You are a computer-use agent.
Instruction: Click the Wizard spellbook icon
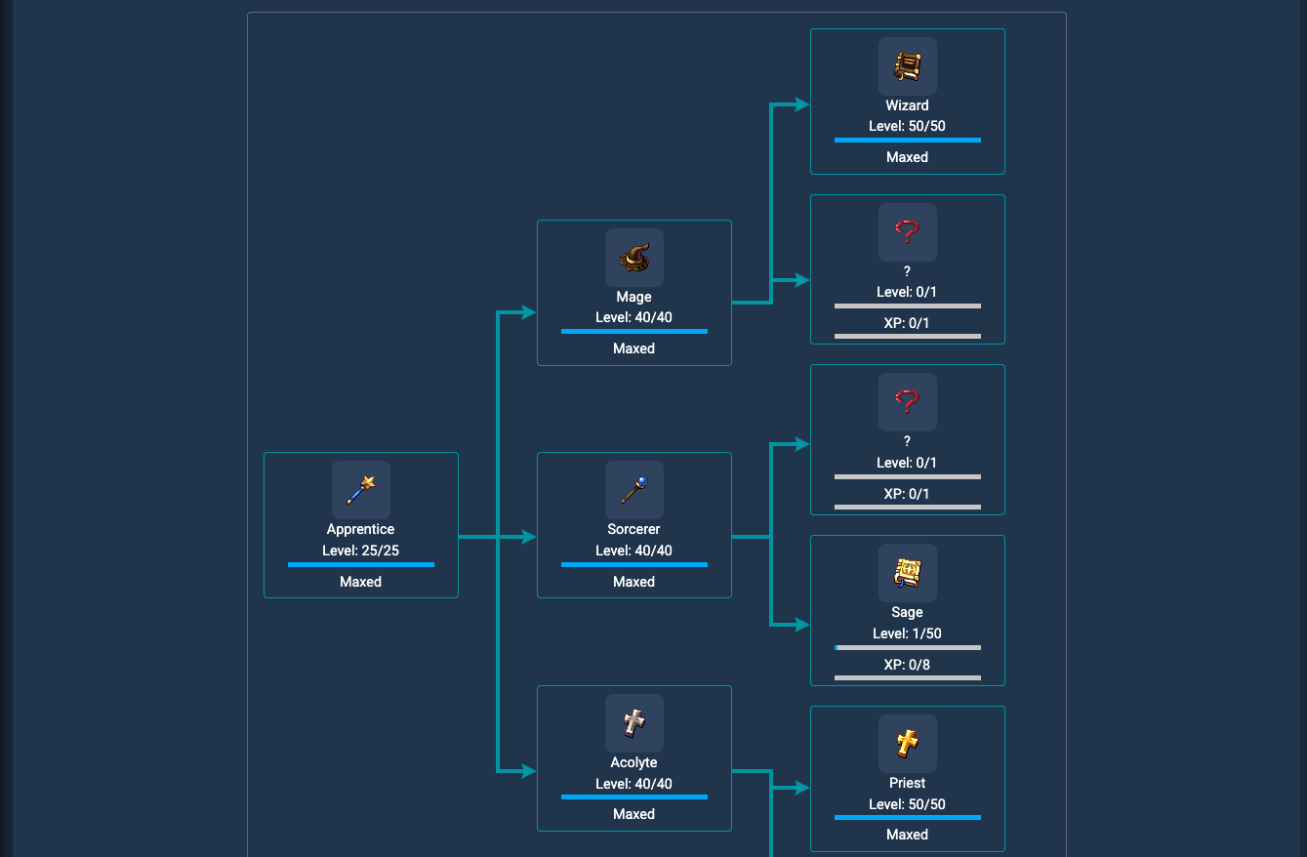pyautogui.click(x=907, y=66)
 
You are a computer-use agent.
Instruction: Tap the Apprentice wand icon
pyautogui.click(x=360, y=490)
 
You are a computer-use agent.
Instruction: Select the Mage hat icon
pyautogui.click(x=633, y=258)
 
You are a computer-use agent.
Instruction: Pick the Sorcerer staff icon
pyautogui.click(x=633, y=490)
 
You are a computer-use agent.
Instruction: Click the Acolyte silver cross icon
pyautogui.click(x=633, y=723)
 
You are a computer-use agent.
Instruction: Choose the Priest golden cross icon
pyautogui.click(x=907, y=744)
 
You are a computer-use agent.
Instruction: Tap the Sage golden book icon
pyautogui.click(x=907, y=573)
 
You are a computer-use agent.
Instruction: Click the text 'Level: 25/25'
pyautogui.click(x=360, y=551)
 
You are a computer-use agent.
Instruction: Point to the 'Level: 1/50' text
pyautogui.click(x=907, y=633)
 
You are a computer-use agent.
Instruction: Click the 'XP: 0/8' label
pyautogui.click(x=907, y=665)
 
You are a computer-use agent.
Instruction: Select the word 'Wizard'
pyautogui.click(x=907, y=105)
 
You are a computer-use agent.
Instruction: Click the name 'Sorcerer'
pyautogui.click(x=633, y=529)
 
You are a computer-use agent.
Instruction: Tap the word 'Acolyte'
pyautogui.click(x=633, y=762)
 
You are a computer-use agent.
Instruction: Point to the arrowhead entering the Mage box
pyautogui.click(x=529, y=313)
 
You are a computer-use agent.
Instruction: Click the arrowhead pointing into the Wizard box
pyautogui.click(x=802, y=104)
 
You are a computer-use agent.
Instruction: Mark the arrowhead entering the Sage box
pyautogui.click(x=802, y=625)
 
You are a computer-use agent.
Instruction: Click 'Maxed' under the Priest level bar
pyautogui.click(x=907, y=835)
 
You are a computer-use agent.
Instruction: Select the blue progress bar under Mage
pyautogui.click(x=633, y=331)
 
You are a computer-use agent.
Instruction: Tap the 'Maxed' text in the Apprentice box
pyautogui.click(x=360, y=582)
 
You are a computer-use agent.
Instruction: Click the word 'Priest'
pyautogui.click(x=907, y=783)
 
